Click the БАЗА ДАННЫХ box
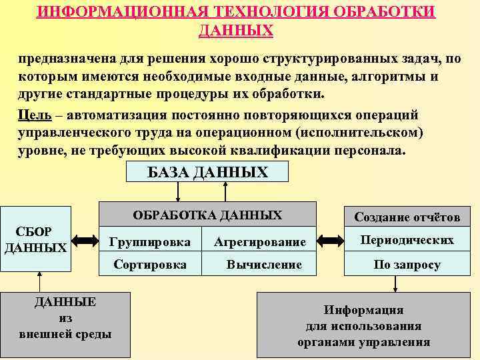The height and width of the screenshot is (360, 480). click(x=207, y=173)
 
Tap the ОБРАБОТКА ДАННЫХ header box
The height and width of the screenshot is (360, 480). click(x=207, y=215)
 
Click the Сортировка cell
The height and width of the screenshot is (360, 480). click(x=150, y=265)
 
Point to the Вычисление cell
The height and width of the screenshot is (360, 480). click(x=264, y=265)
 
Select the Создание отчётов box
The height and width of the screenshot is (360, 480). click(x=407, y=217)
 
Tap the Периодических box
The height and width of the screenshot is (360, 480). click(x=407, y=241)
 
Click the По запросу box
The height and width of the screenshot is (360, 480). click(x=407, y=265)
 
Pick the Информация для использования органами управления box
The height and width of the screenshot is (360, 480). click(x=363, y=327)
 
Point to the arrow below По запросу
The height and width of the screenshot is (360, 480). click(x=396, y=284)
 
